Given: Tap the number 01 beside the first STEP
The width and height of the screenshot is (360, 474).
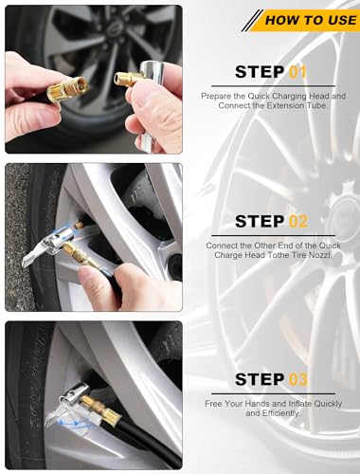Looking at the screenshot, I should [x=297, y=71].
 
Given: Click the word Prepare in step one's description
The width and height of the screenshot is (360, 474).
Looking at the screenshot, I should [x=217, y=95].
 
